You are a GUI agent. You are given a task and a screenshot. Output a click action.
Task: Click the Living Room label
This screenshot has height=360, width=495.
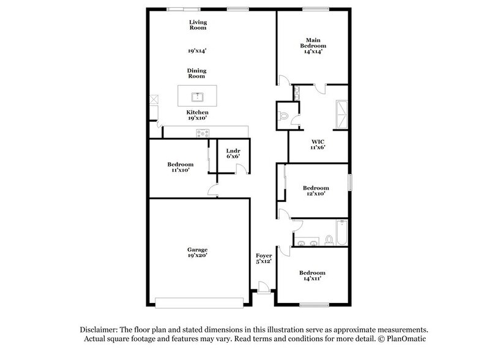point(197,24)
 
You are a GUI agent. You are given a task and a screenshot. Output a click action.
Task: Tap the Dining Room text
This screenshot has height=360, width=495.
point(196,73)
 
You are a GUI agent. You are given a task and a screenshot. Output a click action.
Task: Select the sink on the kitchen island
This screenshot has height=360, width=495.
point(197,96)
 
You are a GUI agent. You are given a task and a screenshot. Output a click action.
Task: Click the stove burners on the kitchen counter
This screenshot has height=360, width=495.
point(202,132)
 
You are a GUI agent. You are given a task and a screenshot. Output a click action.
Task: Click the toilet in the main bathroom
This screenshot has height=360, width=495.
point(283,114)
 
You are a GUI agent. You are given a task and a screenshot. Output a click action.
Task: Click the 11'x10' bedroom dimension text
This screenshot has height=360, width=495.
point(181,170)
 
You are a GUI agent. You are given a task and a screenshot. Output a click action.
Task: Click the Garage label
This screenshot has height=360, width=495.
point(197,249)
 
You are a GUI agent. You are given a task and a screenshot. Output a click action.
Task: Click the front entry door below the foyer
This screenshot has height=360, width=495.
point(263,288)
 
